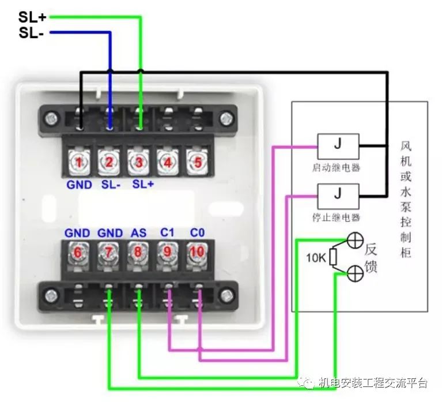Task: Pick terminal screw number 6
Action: (x=77, y=252)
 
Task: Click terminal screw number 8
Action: (x=138, y=252)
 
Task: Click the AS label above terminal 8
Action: (x=138, y=233)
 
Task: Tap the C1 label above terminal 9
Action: (x=168, y=233)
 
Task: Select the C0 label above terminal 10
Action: (x=198, y=233)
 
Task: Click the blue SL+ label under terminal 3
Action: (x=143, y=185)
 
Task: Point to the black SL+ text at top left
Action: (x=32, y=17)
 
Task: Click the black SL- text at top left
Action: (x=31, y=33)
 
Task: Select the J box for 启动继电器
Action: (x=338, y=144)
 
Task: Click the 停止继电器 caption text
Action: (x=338, y=218)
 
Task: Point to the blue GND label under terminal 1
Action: (x=79, y=185)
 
